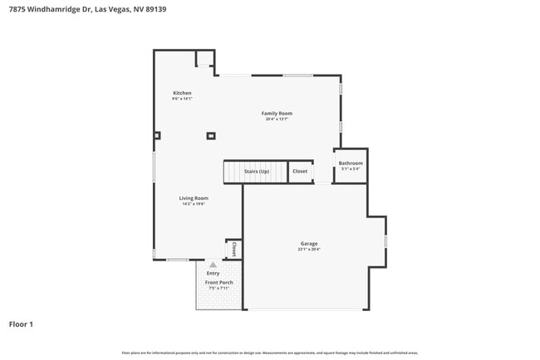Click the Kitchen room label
[182, 93]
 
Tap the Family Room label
[277, 114]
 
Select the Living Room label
[194, 198]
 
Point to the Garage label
[308, 244]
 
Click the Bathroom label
[350, 163]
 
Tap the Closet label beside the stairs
[300, 172]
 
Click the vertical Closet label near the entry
[234, 249]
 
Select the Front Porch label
[218, 283]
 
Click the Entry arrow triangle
[213, 265]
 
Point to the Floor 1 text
[21, 324]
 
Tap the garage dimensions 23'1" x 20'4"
[308, 250]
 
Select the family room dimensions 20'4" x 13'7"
[277, 119]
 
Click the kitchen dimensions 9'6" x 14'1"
[182, 99]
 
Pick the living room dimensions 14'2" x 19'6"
[194, 204]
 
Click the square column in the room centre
[211, 135]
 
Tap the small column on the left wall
[157, 135]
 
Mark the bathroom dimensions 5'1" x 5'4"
[350, 169]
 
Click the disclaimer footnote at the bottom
[270, 353]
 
